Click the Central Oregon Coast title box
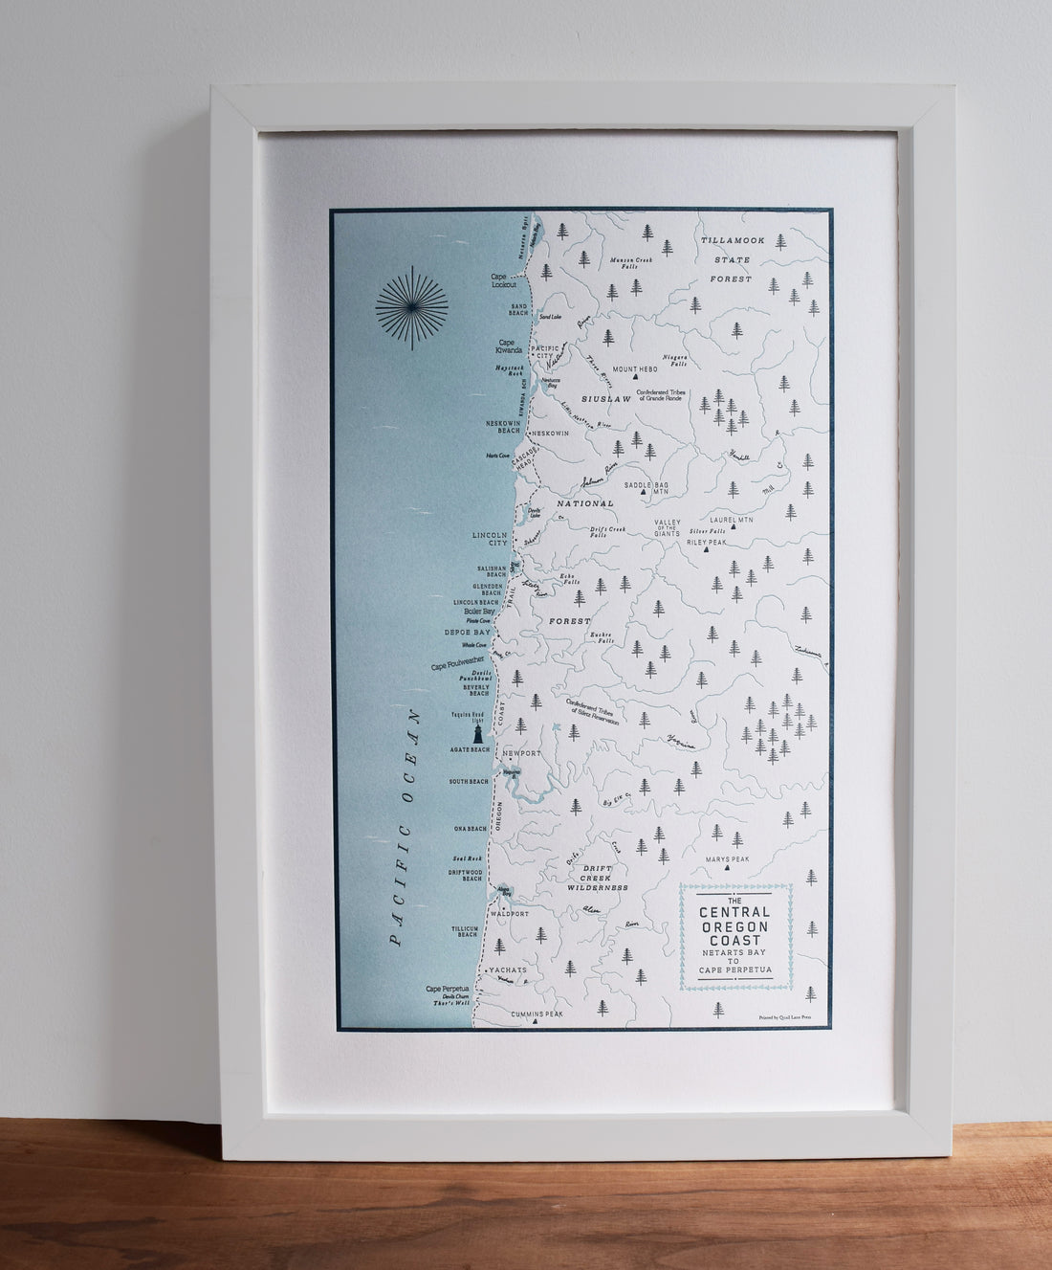pos(736,936)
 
